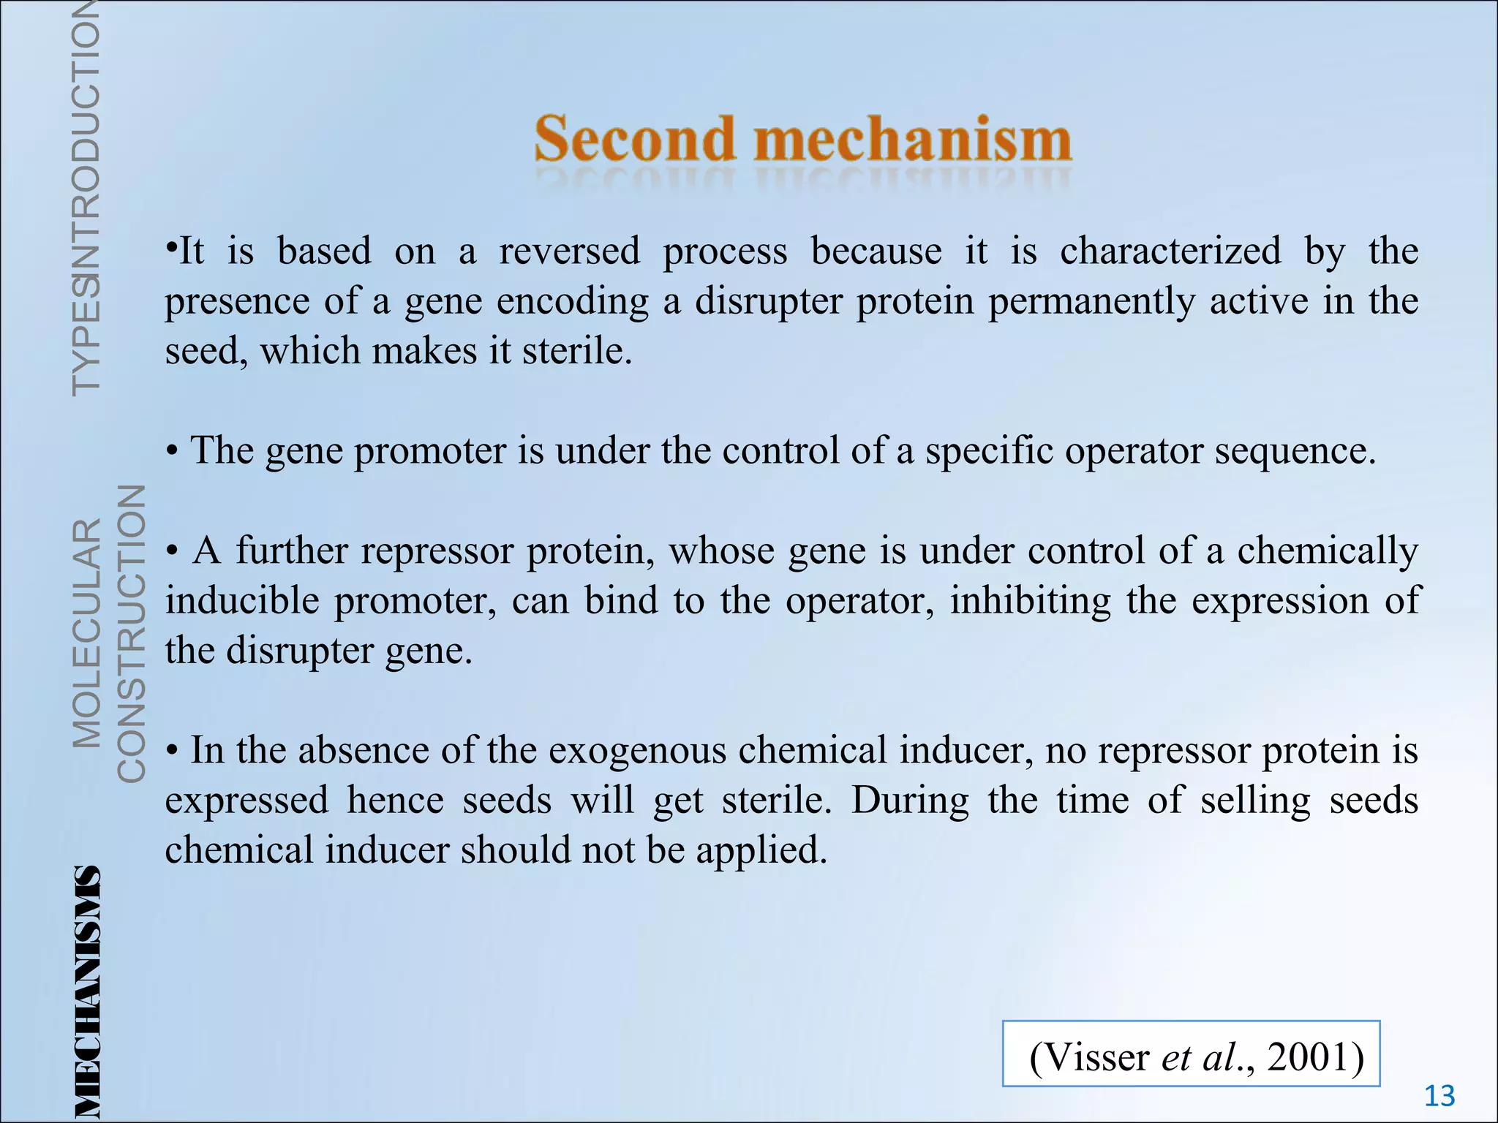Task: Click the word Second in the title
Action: (634, 139)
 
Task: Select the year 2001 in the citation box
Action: (1315, 1057)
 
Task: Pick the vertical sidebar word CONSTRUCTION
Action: (132, 633)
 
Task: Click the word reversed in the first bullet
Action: (569, 252)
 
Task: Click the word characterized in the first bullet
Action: (1170, 252)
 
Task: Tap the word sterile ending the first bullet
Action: (576, 351)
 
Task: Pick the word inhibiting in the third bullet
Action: (1030, 601)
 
